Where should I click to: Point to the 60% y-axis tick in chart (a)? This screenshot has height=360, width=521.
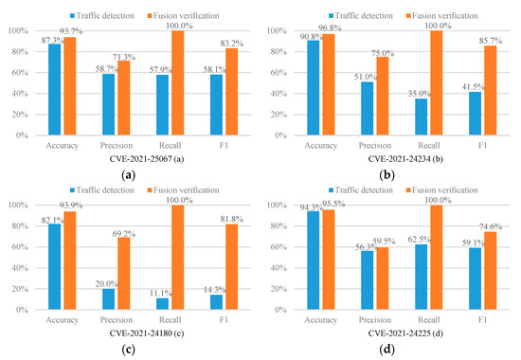click(20, 72)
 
